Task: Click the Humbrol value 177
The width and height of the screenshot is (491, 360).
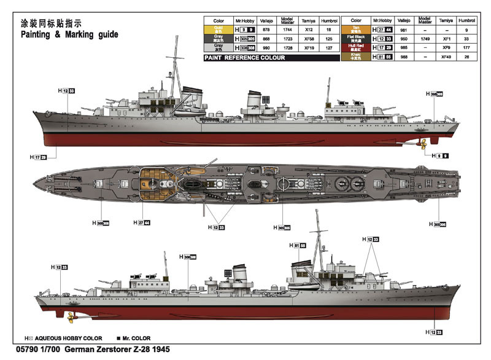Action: (x=466, y=47)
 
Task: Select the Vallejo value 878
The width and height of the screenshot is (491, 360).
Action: (x=266, y=28)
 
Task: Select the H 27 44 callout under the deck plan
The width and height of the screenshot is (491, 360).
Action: (x=141, y=222)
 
